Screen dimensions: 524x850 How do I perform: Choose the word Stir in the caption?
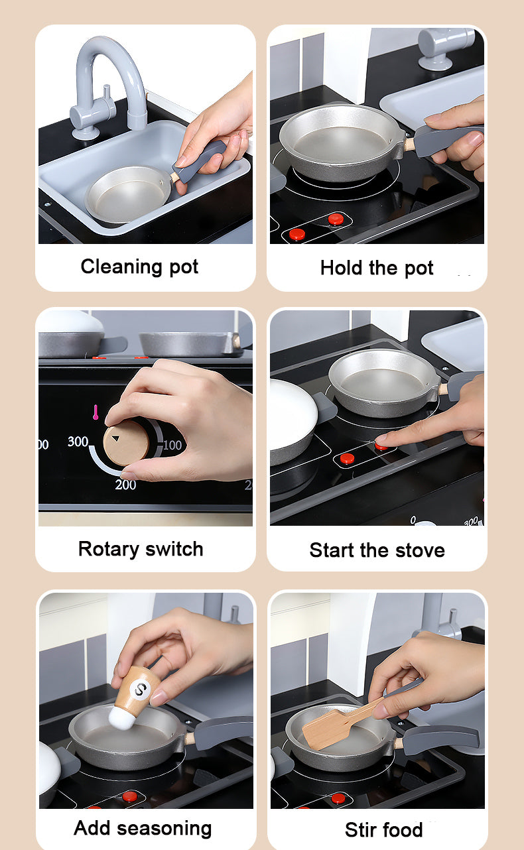[360, 829]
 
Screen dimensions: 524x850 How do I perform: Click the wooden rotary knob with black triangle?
[126, 443]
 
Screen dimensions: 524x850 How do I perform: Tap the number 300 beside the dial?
[78, 442]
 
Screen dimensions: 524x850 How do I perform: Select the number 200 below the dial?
[125, 485]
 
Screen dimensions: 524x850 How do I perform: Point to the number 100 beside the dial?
[172, 445]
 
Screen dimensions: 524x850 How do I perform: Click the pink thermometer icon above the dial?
[96, 412]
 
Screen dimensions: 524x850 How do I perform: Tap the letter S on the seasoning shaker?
[141, 689]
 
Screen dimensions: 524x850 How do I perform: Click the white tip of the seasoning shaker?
[121, 717]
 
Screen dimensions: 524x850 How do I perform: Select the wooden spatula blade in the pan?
[326, 729]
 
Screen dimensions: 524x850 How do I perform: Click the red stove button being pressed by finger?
[381, 446]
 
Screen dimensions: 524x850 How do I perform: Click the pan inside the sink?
[128, 194]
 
